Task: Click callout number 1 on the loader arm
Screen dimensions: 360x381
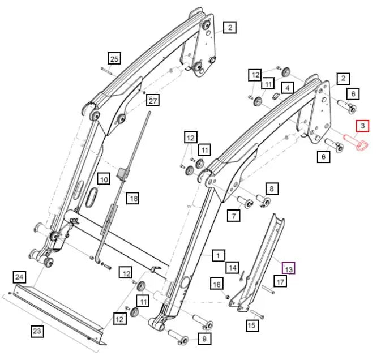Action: point(217,256)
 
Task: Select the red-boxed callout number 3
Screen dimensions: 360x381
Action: point(361,126)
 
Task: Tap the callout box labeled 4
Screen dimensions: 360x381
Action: point(287,88)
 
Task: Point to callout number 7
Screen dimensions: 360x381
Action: point(233,215)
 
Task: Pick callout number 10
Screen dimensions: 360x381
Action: point(104,179)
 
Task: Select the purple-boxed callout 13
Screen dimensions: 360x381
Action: point(289,269)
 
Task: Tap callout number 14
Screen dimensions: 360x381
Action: point(233,267)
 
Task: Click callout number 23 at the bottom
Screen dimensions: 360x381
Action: point(37,331)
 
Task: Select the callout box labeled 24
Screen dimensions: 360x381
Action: point(20,277)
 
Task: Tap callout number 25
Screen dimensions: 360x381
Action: point(114,58)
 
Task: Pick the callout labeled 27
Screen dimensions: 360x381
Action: point(153,101)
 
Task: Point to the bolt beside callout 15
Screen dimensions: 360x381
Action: point(256,313)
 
